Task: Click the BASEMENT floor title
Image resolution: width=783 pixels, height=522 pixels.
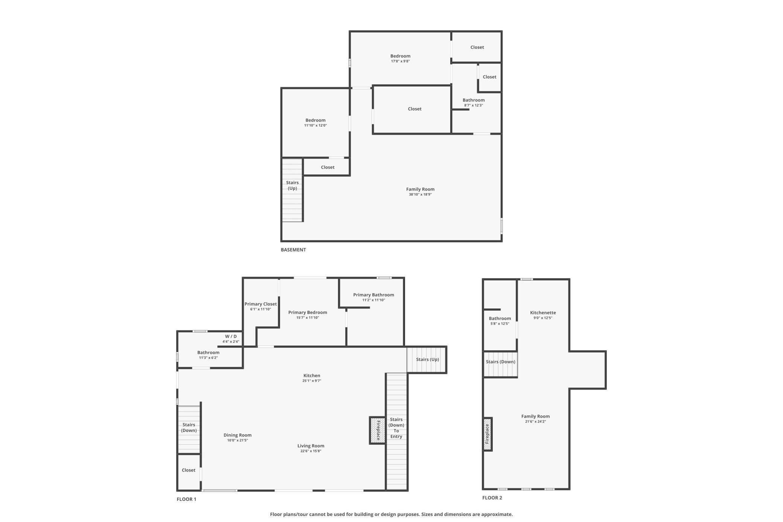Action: click(x=293, y=250)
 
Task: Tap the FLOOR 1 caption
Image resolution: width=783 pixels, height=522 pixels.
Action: click(x=186, y=499)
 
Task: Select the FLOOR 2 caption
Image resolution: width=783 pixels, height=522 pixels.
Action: click(x=492, y=498)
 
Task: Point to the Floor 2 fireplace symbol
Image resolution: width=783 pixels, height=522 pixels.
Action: click(x=487, y=434)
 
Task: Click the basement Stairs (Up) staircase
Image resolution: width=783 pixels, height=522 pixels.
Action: click(x=292, y=190)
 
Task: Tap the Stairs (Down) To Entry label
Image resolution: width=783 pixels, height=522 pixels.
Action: click(x=396, y=428)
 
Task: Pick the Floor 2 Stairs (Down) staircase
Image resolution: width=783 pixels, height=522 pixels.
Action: click(x=500, y=364)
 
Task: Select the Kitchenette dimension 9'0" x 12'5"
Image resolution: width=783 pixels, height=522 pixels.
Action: click(x=543, y=318)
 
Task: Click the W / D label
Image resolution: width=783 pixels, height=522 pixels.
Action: click(x=231, y=336)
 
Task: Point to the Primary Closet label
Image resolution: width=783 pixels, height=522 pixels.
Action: click(x=260, y=304)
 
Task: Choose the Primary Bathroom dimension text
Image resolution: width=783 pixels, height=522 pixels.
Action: click(x=373, y=300)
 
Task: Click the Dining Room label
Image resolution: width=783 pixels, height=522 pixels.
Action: click(x=238, y=435)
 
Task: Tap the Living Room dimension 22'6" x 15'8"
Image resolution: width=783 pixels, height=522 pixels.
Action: click(x=311, y=451)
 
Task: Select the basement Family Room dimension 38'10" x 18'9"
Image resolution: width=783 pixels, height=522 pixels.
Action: click(x=420, y=195)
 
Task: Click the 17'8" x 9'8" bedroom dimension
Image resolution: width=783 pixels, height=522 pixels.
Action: click(x=400, y=61)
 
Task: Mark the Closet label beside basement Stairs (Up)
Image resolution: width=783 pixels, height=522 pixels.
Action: click(x=328, y=167)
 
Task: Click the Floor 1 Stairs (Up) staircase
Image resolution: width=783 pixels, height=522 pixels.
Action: click(x=427, y=360)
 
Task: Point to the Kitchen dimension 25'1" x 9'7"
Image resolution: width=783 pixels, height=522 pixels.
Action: click(x=312, y=381)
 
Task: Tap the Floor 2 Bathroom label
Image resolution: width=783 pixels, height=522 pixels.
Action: click(x=500, y=319)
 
